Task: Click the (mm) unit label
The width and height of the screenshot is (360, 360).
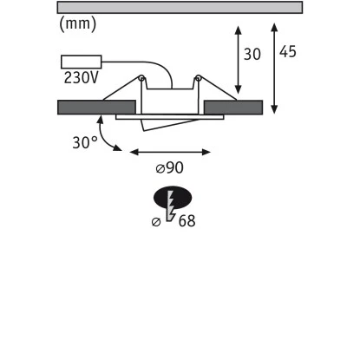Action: click(x=77, y=24)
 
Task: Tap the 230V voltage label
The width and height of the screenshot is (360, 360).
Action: click(x=82, y=77)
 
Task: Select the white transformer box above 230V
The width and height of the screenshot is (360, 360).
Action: click(x=82, y=62)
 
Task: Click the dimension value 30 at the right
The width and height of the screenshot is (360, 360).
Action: click(x=252, y=54)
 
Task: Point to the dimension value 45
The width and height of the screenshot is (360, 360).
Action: click(x=288, y=52)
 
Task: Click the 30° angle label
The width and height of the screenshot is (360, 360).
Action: click(x=85, y=142)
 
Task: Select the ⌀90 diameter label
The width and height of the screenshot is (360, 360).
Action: click(x=170, y=167)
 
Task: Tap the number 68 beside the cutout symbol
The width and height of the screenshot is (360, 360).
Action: click(x=187, y=221)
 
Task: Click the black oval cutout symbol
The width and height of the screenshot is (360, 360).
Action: click(x=173, y=198)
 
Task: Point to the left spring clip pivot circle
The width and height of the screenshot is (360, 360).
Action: click(x=141, y=78)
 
